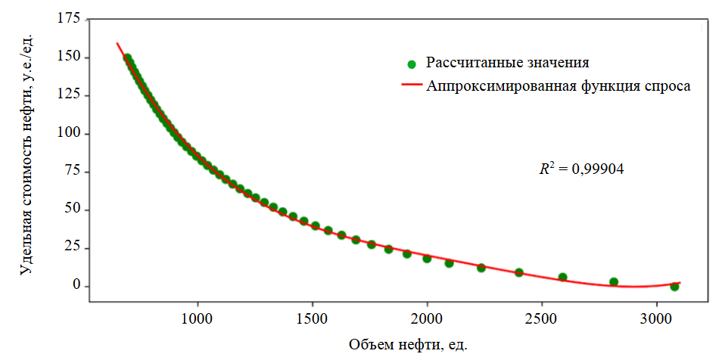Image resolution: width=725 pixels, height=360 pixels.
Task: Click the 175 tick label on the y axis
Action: pos(67,19)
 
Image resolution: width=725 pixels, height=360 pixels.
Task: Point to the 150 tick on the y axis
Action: pos(67,57)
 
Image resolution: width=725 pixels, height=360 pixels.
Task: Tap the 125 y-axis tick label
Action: pos(67,95)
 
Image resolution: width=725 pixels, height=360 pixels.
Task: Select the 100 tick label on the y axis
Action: pos(67,134)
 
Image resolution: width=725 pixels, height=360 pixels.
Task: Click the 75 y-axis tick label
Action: pos(70,172)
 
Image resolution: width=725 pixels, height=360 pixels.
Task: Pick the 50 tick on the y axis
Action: pos(70,209)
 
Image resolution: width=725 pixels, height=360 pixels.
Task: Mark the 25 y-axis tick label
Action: pos(70,248)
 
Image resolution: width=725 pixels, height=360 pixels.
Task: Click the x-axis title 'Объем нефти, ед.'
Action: pos(408,346)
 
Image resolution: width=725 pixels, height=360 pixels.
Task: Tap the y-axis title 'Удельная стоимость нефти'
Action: pos(26,151)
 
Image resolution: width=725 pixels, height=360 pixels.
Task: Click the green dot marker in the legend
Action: pos(411,64)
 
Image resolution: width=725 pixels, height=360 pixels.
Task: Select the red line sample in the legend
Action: pos(411,86)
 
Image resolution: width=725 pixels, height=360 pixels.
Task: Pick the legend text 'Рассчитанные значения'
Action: pos(507,62)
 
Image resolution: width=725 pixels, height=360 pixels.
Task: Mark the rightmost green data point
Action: pos(674,287)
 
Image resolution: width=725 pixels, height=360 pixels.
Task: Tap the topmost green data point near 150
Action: pos(127,58)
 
